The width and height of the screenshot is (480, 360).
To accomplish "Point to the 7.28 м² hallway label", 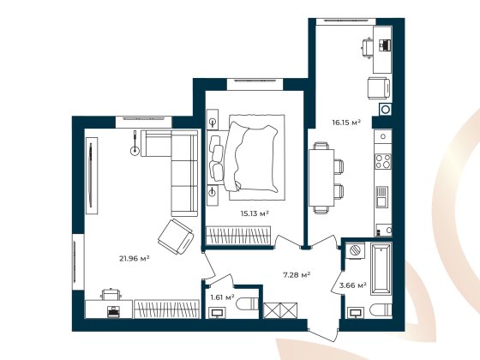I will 296,275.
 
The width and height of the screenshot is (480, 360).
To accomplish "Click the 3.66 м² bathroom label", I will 352,285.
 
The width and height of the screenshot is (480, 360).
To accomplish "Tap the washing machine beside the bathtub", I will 354,249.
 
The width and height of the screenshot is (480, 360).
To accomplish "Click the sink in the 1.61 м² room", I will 218,312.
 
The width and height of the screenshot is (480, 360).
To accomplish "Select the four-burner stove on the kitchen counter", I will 383,160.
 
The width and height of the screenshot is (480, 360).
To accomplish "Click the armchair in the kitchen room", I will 378,87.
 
